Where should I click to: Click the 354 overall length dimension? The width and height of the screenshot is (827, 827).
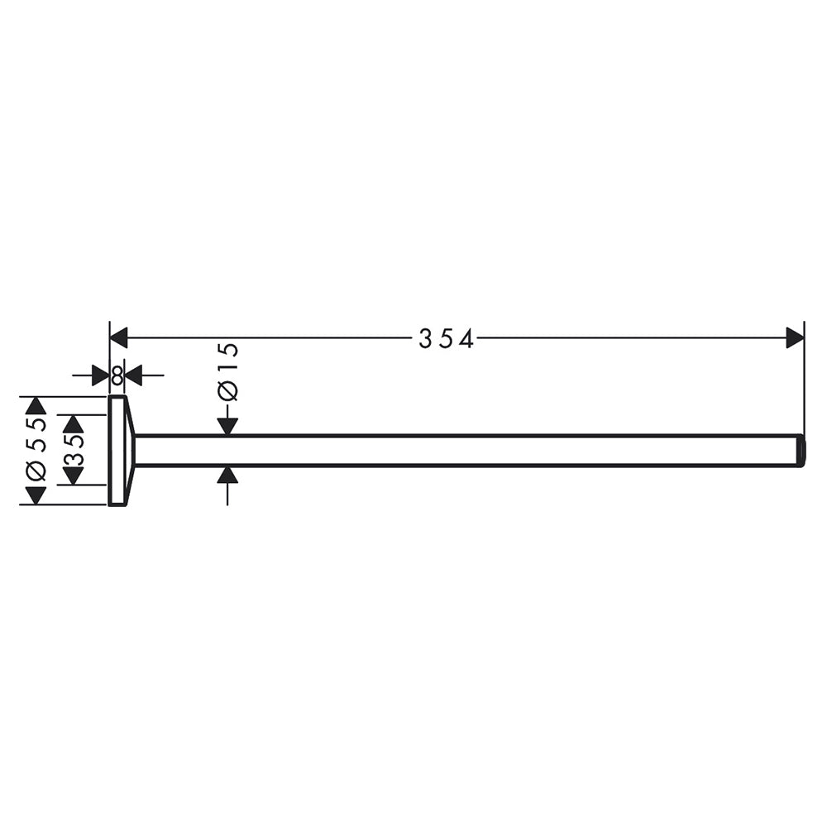click(447, 338)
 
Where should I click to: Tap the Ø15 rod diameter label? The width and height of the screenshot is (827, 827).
click(228, 372)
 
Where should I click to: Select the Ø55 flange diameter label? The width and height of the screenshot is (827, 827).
click(36, 449)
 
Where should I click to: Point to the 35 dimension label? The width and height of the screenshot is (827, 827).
click(74, 450)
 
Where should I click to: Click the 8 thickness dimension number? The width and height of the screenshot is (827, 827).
click(117, 375)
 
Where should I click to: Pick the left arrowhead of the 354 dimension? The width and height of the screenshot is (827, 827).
click(118, 337)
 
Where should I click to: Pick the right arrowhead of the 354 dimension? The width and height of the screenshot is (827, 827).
click(795, 337)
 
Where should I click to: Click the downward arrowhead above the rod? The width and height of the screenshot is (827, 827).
click(227, 427)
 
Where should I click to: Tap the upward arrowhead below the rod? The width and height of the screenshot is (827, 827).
click(227, 475)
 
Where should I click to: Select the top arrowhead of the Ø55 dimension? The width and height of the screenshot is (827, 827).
click(36, 405)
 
